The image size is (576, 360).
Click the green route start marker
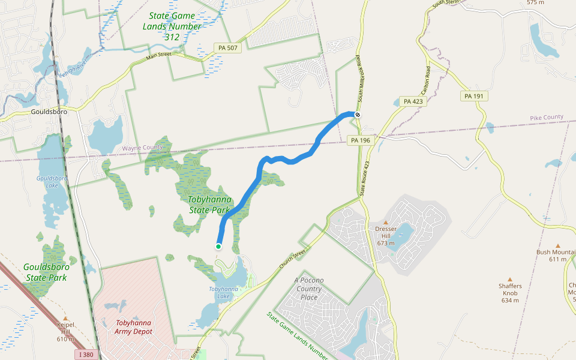coord(218,246)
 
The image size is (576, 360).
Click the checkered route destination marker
coord(358,114)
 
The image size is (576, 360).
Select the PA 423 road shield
coord(413,101)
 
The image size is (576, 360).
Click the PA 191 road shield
coord(476,96)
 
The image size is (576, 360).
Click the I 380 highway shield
coord(86,355)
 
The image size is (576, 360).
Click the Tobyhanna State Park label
coord(209,205)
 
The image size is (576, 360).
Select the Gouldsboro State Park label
coord(47,272)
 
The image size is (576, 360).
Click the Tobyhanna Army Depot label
coord(134,326)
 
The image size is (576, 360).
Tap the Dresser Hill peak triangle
coord(386,223)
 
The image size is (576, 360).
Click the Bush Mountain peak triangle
coord(557,246)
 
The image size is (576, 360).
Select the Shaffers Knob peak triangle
coord(510,279)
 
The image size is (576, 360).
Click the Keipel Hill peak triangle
coord(65,318)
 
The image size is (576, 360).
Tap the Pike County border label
coord(547,117)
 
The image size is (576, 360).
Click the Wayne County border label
coord(142,148)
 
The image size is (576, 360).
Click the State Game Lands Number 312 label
coord(172,26)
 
